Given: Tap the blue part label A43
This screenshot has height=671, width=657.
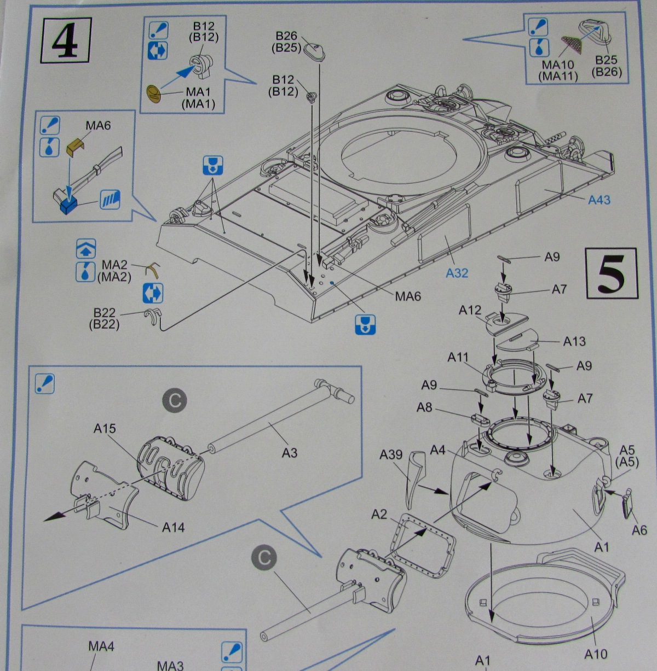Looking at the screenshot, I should pos(599,200).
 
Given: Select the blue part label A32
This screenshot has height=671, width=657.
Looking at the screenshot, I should pos(457,272).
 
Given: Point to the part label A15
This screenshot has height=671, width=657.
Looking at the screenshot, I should pos(105,428).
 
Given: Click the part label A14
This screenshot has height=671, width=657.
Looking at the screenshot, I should pos(173,527).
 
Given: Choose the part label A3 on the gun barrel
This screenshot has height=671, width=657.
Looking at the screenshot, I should pos(290,452).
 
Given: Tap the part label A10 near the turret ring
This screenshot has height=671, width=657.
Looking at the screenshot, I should pos(596,654).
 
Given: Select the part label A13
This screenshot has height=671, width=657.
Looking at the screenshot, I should pos(574,341).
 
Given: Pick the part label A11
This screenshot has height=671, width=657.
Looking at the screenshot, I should pos(458,357).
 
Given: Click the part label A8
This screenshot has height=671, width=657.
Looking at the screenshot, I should pos(425,407).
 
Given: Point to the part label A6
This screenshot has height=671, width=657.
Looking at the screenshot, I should pos(639,529).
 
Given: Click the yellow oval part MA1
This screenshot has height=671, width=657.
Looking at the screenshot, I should pos(155,92).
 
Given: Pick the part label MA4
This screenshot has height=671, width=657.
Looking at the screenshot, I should pos(101,646).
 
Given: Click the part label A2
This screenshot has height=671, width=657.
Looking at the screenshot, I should pos(379,514).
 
